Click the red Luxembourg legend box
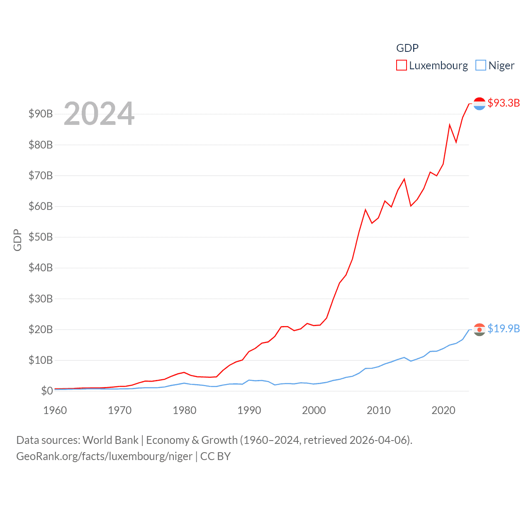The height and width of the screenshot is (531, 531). click(401, 66)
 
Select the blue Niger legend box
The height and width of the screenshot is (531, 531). click(480, 66)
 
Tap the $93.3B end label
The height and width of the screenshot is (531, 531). click(504, 103)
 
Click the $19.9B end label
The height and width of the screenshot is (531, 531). click(504, 329)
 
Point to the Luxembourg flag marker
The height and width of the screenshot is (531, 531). click(479, 103)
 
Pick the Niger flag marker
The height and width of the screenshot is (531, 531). click(479, 329)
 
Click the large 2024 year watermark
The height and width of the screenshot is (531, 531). click(99, 113)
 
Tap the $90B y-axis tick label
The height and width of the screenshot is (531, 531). click(41, 114)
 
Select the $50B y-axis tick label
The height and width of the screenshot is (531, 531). click(41, 237)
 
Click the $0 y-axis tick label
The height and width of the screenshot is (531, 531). click(47, 391)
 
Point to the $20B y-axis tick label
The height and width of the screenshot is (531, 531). click(41, 329)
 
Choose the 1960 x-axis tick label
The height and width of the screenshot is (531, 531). click(55, 411)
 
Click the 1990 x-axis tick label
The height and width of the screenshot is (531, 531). click(249, 411)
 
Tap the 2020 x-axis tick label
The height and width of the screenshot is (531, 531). click(443, 411)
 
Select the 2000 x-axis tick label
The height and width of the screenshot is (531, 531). click(314, 411)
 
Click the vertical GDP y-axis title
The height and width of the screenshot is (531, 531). click(17, 240)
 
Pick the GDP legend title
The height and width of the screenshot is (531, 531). click(407, 48)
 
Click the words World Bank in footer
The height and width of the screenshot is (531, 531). click(110, 440)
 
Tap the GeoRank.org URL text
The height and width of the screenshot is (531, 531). click(104, 457)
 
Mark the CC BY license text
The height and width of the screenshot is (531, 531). click(215, 457)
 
